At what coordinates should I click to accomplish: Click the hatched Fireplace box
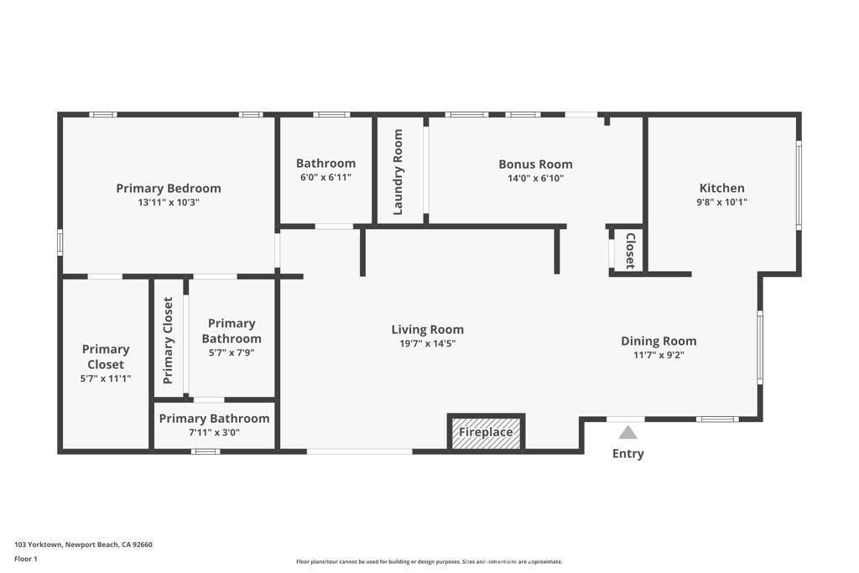486,432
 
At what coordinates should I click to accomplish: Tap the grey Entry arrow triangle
628,433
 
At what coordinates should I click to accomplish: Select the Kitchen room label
722,188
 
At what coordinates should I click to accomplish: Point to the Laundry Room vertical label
398,171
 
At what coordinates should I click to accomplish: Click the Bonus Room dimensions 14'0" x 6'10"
535,178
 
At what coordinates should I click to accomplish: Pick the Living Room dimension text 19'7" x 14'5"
428,343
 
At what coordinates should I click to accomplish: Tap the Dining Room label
659,341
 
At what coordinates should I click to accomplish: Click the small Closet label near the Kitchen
630,250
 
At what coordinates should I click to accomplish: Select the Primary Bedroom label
169,188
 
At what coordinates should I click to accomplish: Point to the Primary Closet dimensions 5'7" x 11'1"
106,378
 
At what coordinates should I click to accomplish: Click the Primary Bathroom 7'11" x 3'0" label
214,418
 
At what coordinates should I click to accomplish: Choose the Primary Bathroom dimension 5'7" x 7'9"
232,352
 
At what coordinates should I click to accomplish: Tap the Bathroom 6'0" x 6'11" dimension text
325,177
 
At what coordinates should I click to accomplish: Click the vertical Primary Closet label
169,340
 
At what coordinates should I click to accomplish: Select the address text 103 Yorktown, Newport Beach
83,544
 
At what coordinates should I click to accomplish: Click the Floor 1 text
26,559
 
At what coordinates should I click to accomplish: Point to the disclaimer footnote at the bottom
429,561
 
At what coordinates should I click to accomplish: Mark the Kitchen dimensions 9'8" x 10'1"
722,201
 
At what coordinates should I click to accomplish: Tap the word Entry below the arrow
628,454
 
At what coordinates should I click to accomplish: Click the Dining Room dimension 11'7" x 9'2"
659,355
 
